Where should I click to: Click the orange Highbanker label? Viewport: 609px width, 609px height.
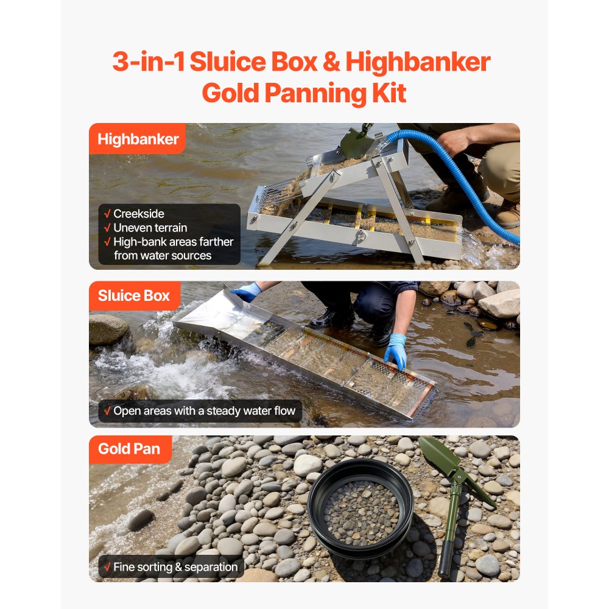click(138, 139)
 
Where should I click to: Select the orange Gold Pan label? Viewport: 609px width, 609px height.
click(129, 449)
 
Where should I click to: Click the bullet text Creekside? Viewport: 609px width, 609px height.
click(139, 214)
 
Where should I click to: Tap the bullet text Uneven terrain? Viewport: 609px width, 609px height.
click(150, 228)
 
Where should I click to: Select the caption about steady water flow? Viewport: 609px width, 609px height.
click(204, 411)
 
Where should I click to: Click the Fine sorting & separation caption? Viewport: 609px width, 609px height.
click(175, 567)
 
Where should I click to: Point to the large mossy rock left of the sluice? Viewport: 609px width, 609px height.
click(108, 329)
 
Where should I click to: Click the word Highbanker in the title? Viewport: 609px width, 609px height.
click(418, 63)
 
